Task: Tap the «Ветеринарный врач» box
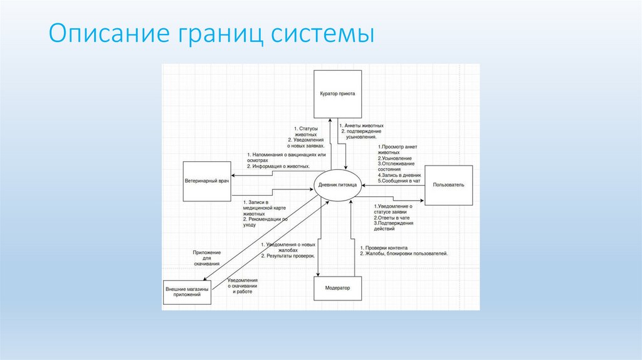click(x=206, y=181)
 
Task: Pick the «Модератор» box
click(x=338, y=288)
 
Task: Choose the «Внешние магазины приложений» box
click(x=187, y=292)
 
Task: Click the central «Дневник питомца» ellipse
click(x=338, y=185)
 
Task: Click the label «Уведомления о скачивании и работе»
click(x=243, y=285)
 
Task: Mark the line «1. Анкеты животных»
click(x=362, y=125)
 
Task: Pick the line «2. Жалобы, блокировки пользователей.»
click(x=404, y=253)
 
